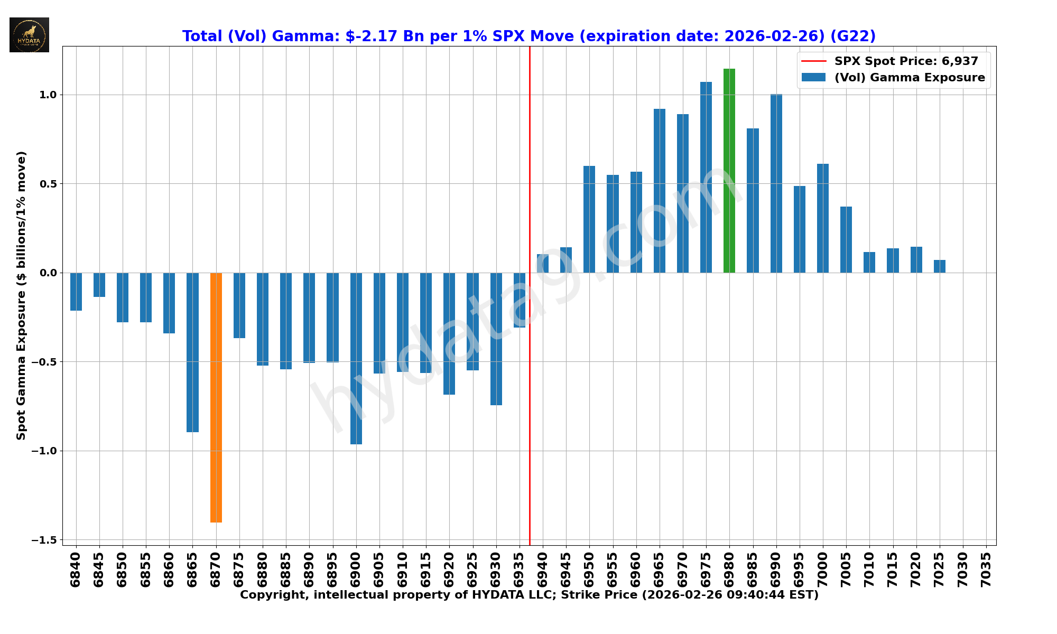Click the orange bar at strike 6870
pos(216,397)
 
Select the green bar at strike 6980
pos(729,171)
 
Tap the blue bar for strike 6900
pos(356,358)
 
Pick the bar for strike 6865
pos(192,352)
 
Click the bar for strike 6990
pos(776,183)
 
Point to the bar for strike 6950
pos(589,219)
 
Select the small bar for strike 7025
pos(939,266)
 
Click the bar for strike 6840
pos(76,292)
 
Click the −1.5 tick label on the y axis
pos(44,540)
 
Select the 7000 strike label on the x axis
pos(823,570)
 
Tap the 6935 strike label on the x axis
pos(520,570)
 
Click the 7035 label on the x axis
pos(986,570)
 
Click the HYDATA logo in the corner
pos(29,35)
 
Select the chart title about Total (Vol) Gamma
pos(528,36)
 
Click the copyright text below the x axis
pos(528,595)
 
